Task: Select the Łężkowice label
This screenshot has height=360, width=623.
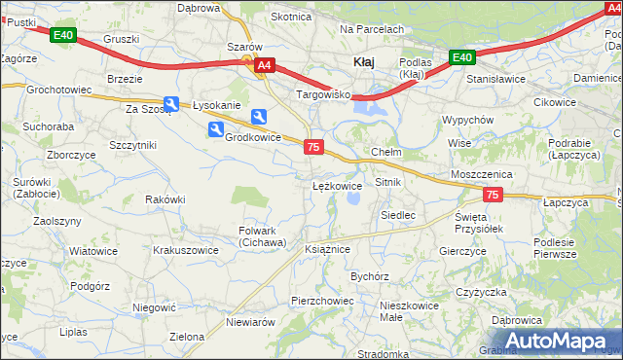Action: click(338, 185)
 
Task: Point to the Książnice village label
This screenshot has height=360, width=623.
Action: click(327, 249)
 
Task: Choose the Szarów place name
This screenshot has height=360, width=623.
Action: click(244, 47)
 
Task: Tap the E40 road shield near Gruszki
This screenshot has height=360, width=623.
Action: click(63, 36)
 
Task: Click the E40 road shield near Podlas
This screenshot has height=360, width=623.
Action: click(462, 57)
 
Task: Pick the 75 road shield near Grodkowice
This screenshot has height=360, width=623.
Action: click(313, 147)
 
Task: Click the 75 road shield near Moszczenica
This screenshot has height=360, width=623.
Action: click(493, 196)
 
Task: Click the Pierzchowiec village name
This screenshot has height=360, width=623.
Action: click(321, 302)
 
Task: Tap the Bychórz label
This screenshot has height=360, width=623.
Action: click(370, 276)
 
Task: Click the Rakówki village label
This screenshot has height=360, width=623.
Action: click(165, 199)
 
